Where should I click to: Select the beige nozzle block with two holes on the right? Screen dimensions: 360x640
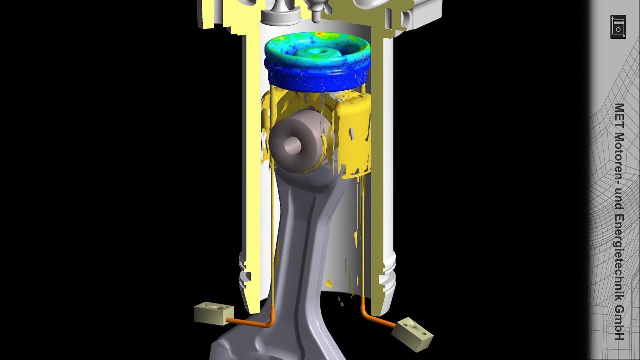(x=412, y=334)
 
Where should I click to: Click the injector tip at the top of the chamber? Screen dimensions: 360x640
(x=317, y=16)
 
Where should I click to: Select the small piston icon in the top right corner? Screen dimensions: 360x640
(x=618, y=27)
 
